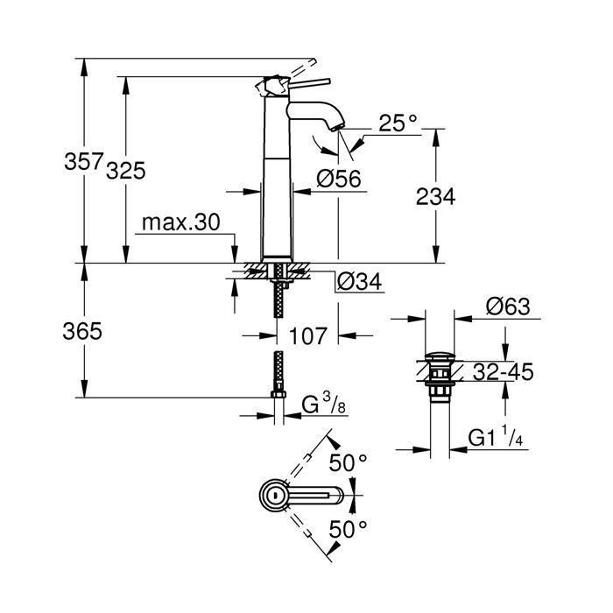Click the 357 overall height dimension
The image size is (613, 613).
85,162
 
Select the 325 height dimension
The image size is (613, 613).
125,170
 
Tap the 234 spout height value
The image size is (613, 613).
434,198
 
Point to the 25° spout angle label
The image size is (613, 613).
398,123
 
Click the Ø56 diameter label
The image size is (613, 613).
338,179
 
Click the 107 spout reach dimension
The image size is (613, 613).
307,335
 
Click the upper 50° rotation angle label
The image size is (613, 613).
348,463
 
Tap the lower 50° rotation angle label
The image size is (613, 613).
348,528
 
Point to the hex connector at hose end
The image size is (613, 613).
278,398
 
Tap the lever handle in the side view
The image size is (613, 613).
302,84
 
